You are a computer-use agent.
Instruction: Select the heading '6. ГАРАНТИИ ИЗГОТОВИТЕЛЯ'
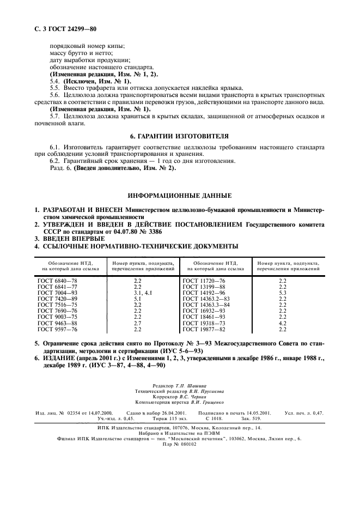click(x=180, y=135)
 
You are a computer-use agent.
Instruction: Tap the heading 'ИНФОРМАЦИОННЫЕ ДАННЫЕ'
click(x=180, y=195)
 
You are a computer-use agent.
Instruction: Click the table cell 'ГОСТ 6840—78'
click(x=57, y=280)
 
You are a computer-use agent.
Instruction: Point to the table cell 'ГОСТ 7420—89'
click(x=57, y=299)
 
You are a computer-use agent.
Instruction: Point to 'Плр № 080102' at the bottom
click(x=179, y=444)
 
